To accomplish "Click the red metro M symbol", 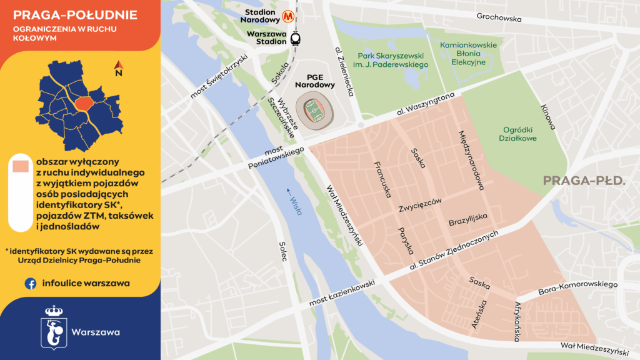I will click(289, 14).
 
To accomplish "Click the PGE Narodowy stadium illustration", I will click(315, 111).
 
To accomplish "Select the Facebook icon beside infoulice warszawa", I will click(30, 283).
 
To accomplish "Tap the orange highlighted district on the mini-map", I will click(82, 102).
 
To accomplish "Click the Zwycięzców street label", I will click(419, 204).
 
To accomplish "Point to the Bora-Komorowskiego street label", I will click(577, 289).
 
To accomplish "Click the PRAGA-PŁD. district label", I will click(584, 181).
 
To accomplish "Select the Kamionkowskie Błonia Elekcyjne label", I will click(468, 54).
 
